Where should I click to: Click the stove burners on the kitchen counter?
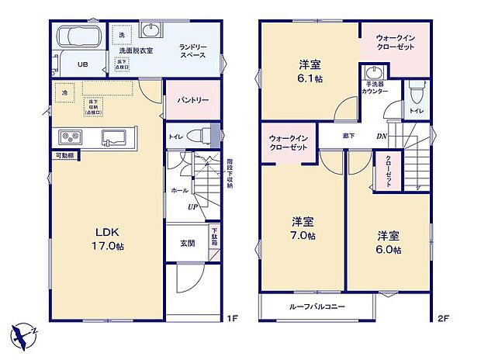click(x=69, y=137)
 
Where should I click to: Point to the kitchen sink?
click(x=118, y=137)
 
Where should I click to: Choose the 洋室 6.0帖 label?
click(x=388, y=242)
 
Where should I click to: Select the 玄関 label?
click(x=187, y=243)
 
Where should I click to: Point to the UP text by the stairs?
click(x=191, y=206)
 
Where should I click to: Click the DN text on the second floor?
click(x=382, y=136)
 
